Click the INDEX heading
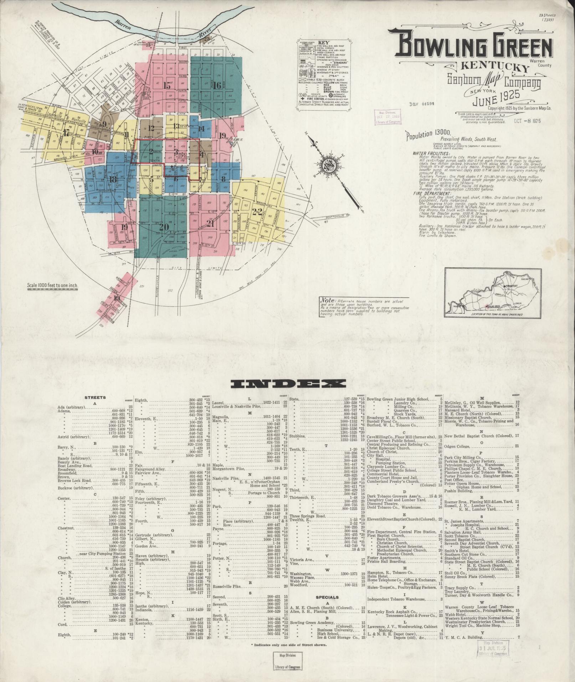point(288,384)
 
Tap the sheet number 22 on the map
point(257,211)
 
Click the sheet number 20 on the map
point(164,227)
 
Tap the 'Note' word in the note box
point(327,300)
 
